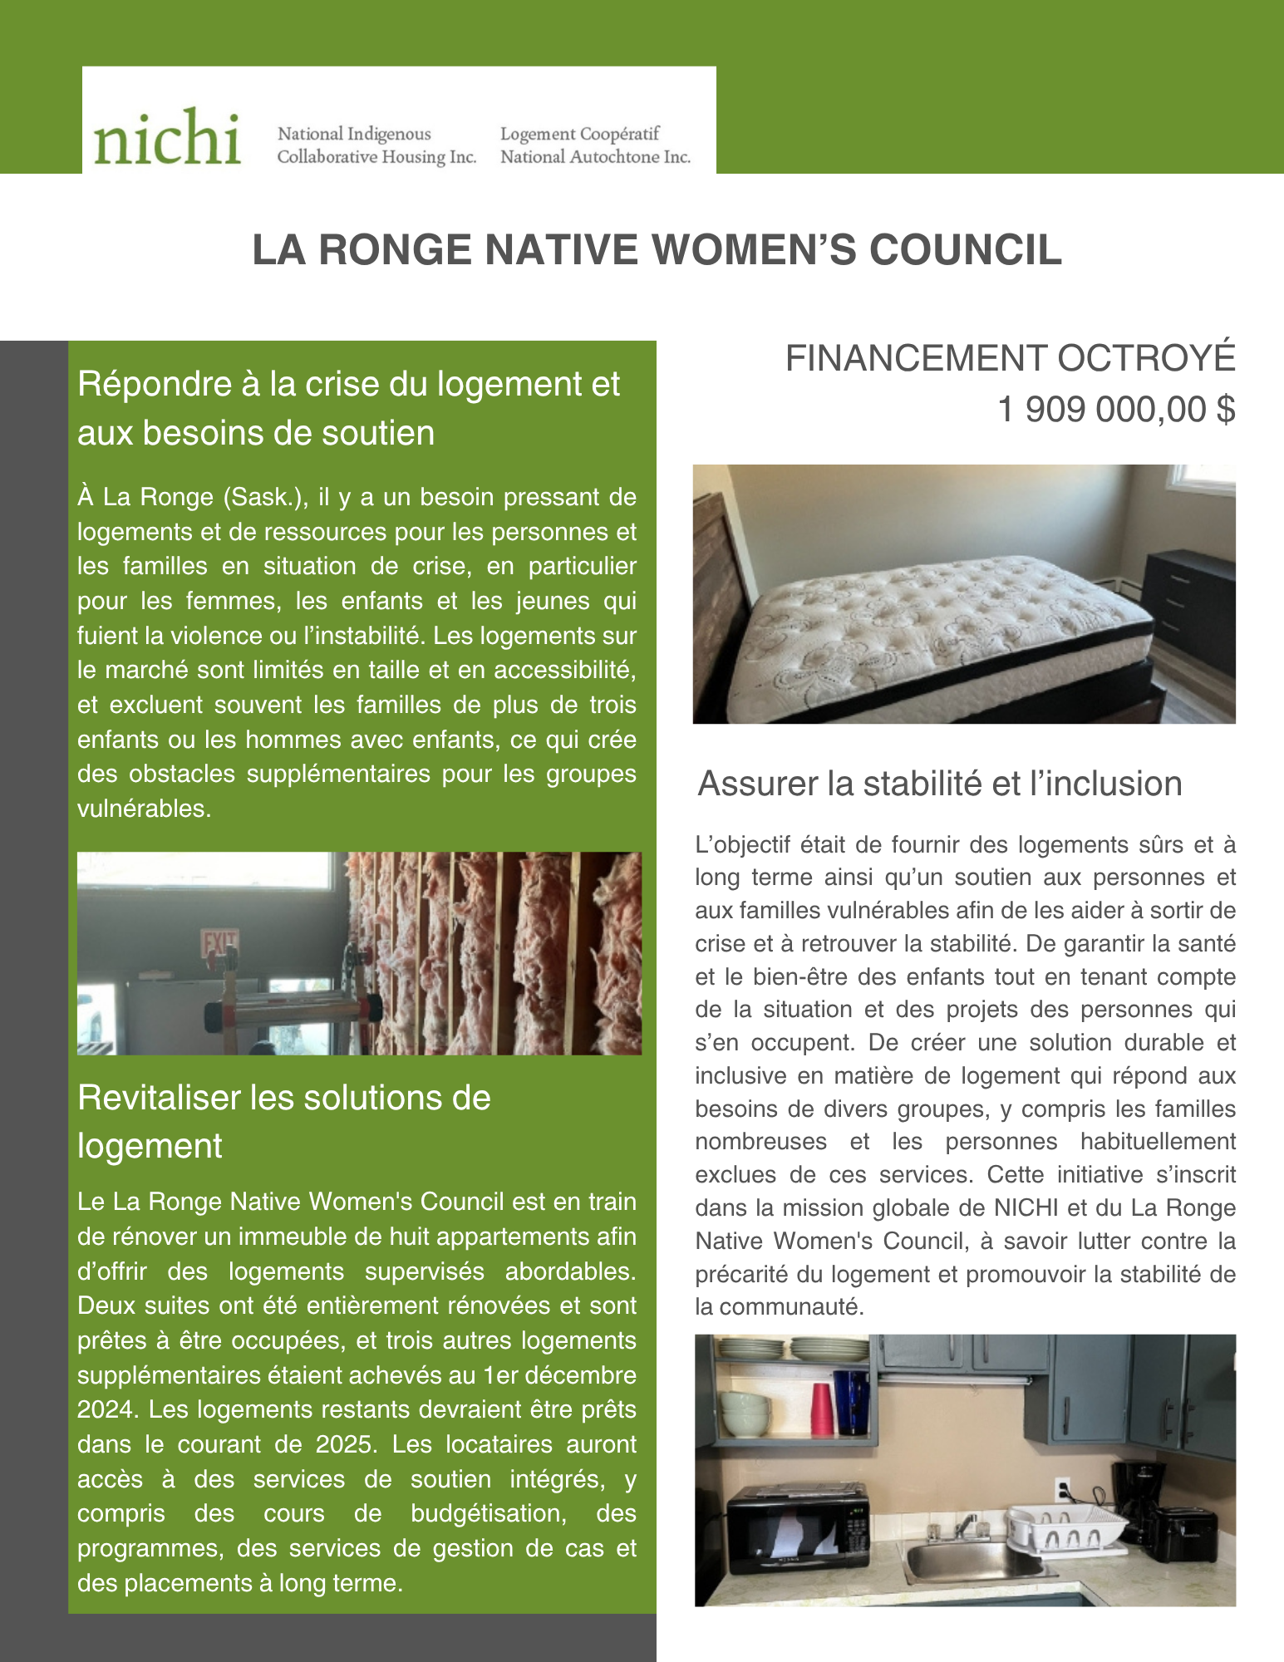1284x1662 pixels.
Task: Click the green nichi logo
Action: [x=167, y=137]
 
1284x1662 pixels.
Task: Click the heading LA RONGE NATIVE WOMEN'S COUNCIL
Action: [x=657, y=249]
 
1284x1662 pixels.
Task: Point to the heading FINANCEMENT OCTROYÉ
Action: [x=1010, y=358]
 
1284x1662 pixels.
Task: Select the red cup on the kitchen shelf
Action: [x=821, y=1408]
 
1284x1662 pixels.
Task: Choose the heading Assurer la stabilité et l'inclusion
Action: [x=939, y=784]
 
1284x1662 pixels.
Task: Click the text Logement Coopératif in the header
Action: [x=579, y=134]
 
